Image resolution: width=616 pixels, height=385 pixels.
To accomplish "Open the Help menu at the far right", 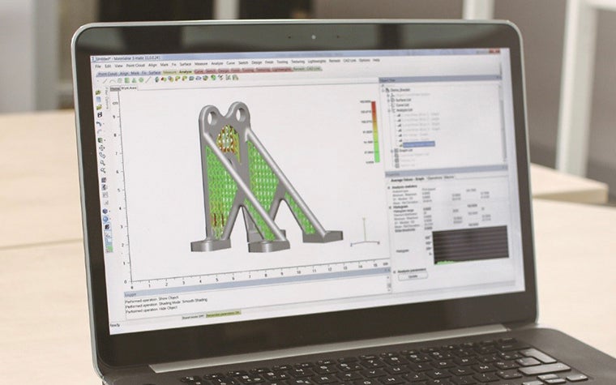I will click(374, 60).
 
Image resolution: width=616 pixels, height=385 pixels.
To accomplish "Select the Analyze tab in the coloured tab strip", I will click(185, 72).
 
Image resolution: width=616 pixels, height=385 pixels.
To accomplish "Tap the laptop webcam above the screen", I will click(312, 37).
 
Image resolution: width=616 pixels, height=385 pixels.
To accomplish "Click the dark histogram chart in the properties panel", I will click(470, 246).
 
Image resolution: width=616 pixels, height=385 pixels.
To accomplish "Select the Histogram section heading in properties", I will click(404, 206).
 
